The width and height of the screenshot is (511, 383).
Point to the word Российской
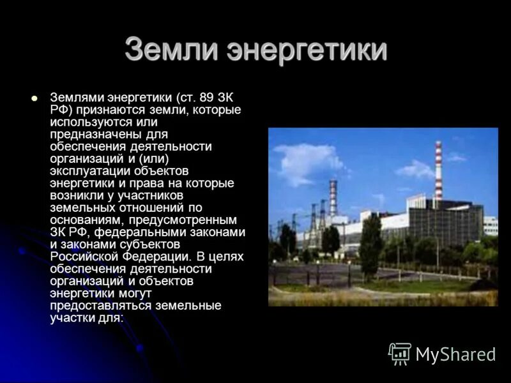(x=83, y=256)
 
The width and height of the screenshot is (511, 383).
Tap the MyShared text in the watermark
(x=455, y=354)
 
